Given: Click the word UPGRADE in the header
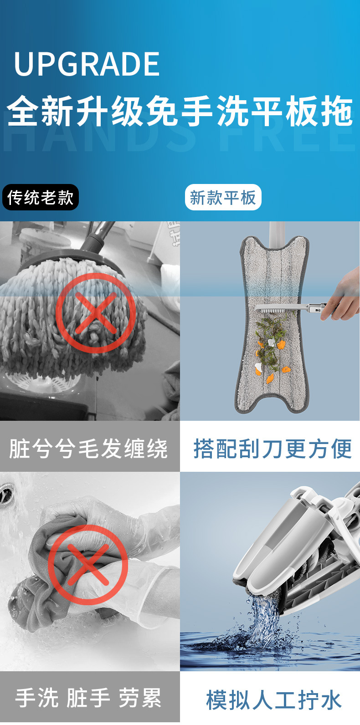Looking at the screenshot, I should [87, 64].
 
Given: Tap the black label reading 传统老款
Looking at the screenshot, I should [41, 198].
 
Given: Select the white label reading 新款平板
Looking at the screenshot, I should [223, 198].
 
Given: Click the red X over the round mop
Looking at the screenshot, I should [95, 313].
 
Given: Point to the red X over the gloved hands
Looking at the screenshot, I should [87, 565].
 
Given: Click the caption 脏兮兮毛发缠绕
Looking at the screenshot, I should [89, 449].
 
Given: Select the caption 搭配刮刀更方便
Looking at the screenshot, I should [272, 449].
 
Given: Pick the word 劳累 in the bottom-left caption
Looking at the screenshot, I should [140, 698].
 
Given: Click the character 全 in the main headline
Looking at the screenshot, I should [23, 112].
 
